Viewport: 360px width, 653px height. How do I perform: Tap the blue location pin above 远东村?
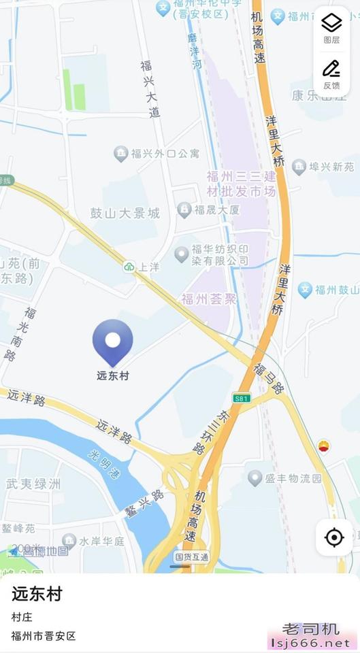click(113, 341)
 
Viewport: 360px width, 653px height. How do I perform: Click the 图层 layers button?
click(331, 28)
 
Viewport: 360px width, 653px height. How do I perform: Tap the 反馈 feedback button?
click(331, 73)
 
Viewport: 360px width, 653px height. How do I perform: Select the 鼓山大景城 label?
click(125, 213)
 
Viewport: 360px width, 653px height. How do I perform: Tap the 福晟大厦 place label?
click(216, 210)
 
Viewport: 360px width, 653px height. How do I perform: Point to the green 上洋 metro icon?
click(129, 267)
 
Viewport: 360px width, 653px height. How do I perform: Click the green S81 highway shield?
click(242, 398)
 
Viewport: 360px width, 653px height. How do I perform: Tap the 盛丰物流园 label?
click(294, 478)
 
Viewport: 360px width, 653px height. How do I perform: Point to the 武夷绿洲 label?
click(33, 484)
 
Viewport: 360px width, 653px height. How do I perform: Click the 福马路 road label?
click(268, 378)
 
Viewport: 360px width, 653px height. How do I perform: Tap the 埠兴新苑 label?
click(331, 166)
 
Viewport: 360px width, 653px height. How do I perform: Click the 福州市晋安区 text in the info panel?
click(44, 636)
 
